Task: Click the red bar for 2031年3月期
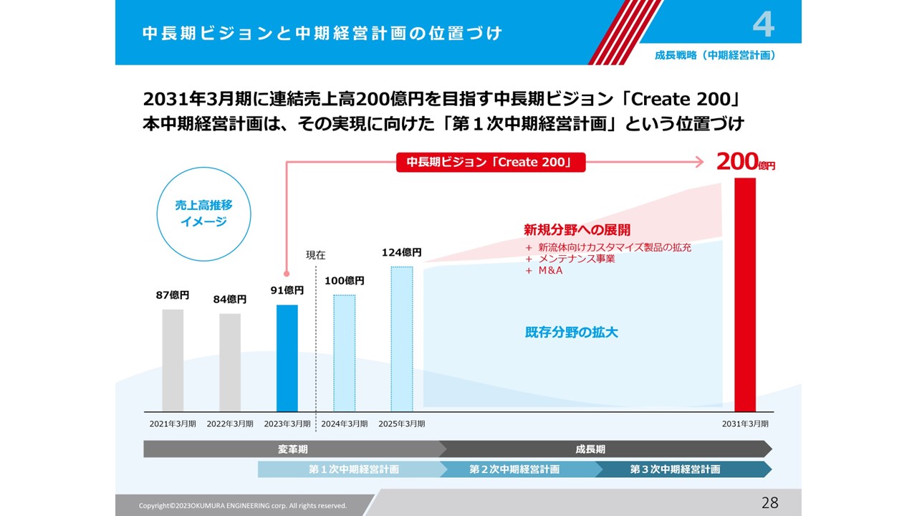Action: point(745,295)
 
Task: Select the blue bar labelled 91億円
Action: point(287,358)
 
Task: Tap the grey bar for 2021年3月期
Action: point(173,360)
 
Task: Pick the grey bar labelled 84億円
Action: point(230,363)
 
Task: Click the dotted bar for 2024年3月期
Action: point(345,353)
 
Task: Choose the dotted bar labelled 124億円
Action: point(402,339)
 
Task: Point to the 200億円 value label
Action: point(745,163)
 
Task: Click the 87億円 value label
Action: point(173,295)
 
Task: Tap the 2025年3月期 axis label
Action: point(402,424)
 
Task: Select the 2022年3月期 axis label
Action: point(230,424)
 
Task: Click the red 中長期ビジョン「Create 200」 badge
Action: point(491,163)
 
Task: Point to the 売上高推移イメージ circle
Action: point(203,214)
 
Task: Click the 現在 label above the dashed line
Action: point(315,254)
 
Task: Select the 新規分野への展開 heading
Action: point(577,230)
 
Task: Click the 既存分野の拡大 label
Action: point(571,333)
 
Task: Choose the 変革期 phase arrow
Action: point(294,449)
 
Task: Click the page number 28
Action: point(769,503)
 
